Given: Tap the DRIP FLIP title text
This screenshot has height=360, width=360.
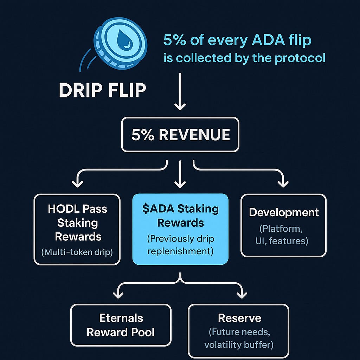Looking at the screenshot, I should click(x=102, y=90).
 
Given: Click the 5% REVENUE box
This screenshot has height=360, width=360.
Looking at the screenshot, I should click(x=180, y=135).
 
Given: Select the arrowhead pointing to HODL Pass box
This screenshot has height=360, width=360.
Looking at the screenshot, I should click(x=77, y=183).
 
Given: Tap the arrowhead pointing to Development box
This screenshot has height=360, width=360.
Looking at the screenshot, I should click(x=283, y=183).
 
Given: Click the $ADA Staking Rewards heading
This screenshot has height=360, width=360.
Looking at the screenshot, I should click(x=180, y=216).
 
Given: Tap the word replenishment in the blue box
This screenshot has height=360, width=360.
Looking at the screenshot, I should click(x=180, y=251).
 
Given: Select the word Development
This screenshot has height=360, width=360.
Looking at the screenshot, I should click(x=284, y=212).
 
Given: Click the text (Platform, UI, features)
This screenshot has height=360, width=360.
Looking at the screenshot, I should click(x=284, y=235).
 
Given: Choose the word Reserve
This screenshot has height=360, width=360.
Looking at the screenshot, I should click(x=239, y=318).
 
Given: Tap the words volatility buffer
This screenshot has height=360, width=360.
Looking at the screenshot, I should click(x=239, y=345).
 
